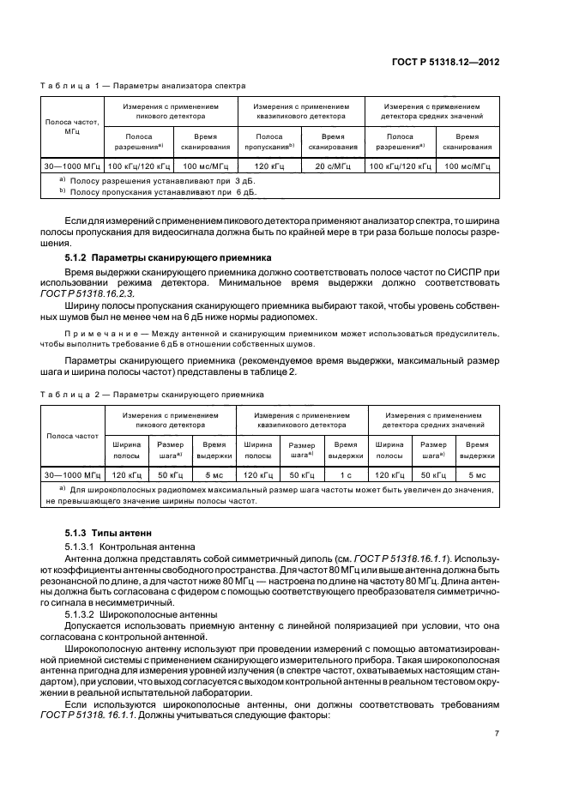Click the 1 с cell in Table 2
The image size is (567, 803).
pos(346,474)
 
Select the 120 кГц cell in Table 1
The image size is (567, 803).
pos(269,166)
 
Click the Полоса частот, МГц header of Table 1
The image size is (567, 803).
pos(72,129)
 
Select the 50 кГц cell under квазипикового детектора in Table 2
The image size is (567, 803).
pos(301,474)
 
